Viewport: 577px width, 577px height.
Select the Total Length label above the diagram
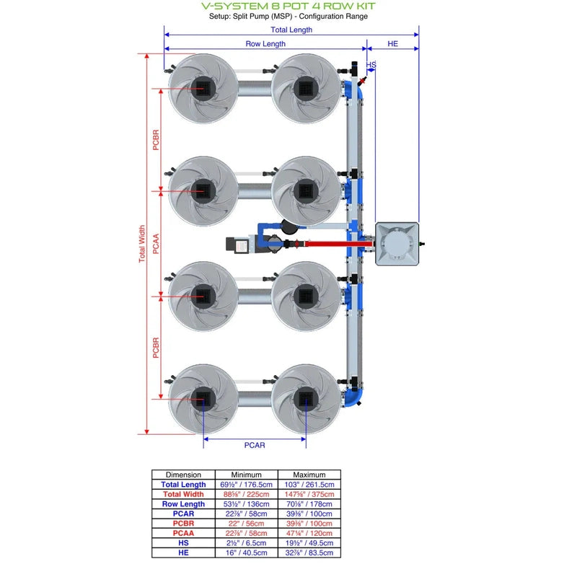click(291, 30)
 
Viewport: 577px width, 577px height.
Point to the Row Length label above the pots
click(265, 44)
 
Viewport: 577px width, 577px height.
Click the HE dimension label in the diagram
click(392, 44)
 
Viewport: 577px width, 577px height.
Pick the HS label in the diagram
click(371, 65)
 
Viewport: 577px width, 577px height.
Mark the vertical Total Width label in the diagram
click(142, 244)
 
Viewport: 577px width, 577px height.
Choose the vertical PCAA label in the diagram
click(156, 244)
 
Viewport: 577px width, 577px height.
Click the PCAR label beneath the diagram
click(254, 445)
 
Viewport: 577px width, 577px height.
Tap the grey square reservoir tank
click(397, 244)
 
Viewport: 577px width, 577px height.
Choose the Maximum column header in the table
click(309, 475)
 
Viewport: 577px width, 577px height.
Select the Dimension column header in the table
click(183, 475)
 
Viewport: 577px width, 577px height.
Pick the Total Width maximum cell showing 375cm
click(309, 494)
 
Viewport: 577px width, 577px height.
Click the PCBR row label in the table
click(183, 523)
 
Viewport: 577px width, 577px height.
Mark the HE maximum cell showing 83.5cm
click(309, 552)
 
